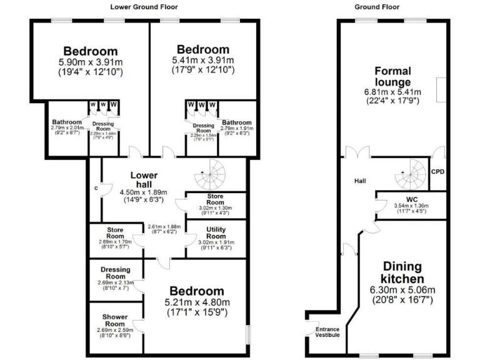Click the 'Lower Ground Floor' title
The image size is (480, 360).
pyautogui.click(x=144, y=7)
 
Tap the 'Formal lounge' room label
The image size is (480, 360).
pyautogui.click(x=392, y=76)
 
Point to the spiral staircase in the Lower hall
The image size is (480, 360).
pyautogui.click(x=209, y=174)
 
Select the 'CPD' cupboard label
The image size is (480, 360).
pyautogui.click(x=437, y=171)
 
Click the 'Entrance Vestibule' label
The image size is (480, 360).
pyautogui.click(x=327, y=332)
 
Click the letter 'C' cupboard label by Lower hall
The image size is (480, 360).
pyautogui.click(x=96, y=188)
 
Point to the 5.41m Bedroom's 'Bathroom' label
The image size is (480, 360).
pyautogui.click(x=236, y=122)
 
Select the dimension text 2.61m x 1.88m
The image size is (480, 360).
pyautogui.click(x=163, y=227)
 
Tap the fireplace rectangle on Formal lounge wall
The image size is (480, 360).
pyautogui.click(x=441, y=90)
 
